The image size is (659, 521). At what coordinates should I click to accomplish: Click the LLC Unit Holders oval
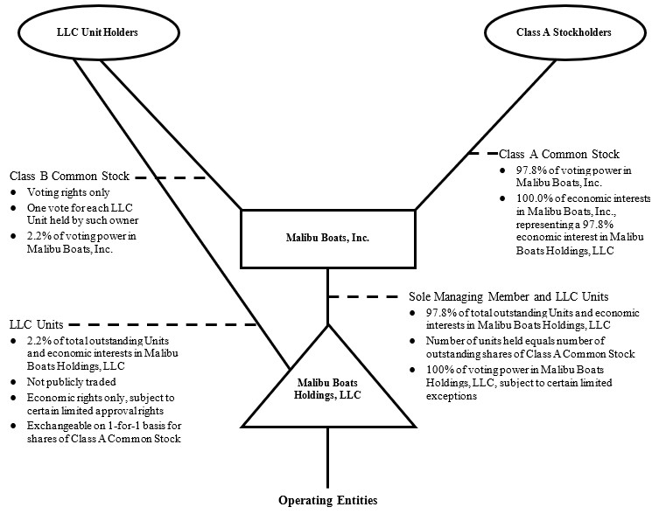(x=81, y=33)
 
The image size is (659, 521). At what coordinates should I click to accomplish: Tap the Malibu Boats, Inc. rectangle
(x=328, y=238)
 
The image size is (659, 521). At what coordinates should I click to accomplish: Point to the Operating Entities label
(x=328, y=501)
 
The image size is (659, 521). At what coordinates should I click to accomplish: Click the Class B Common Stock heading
(x=69, y=177)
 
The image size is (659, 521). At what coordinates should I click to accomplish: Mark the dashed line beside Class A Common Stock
(x=481, y=154)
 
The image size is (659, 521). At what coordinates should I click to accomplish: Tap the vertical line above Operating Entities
(x=328, y=459)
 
